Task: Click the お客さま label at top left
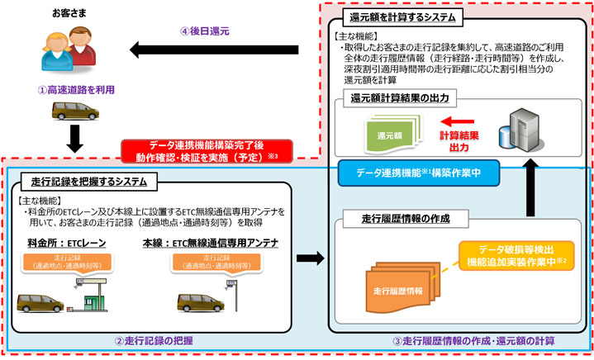pyautogui.click(x=55, y=14)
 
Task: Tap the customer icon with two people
pyautogui.click(x=54, y=50)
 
